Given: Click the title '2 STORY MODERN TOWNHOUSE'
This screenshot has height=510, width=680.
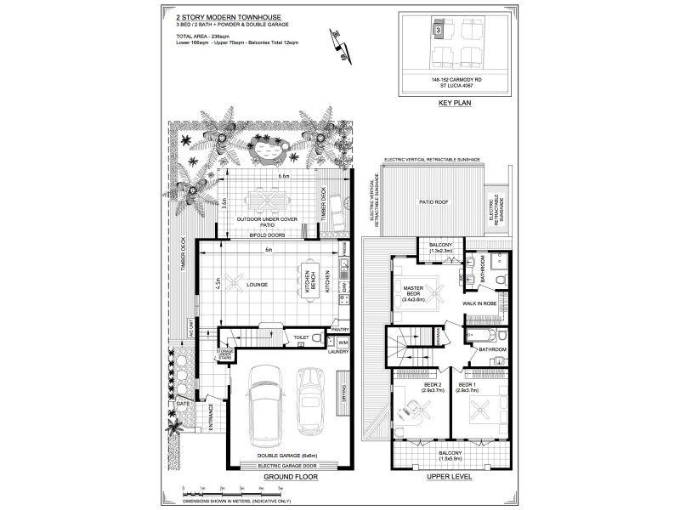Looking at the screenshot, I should pyautogui.click(x=218, y=16).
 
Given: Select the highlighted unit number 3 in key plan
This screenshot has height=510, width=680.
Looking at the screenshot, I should pyautogui.click(x=437, y=30).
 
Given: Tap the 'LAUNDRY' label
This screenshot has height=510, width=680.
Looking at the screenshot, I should pyautogui.click(x=339, y=350).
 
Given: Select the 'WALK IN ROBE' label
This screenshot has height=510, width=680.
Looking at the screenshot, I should pyautogui.click(x=479, y=303).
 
